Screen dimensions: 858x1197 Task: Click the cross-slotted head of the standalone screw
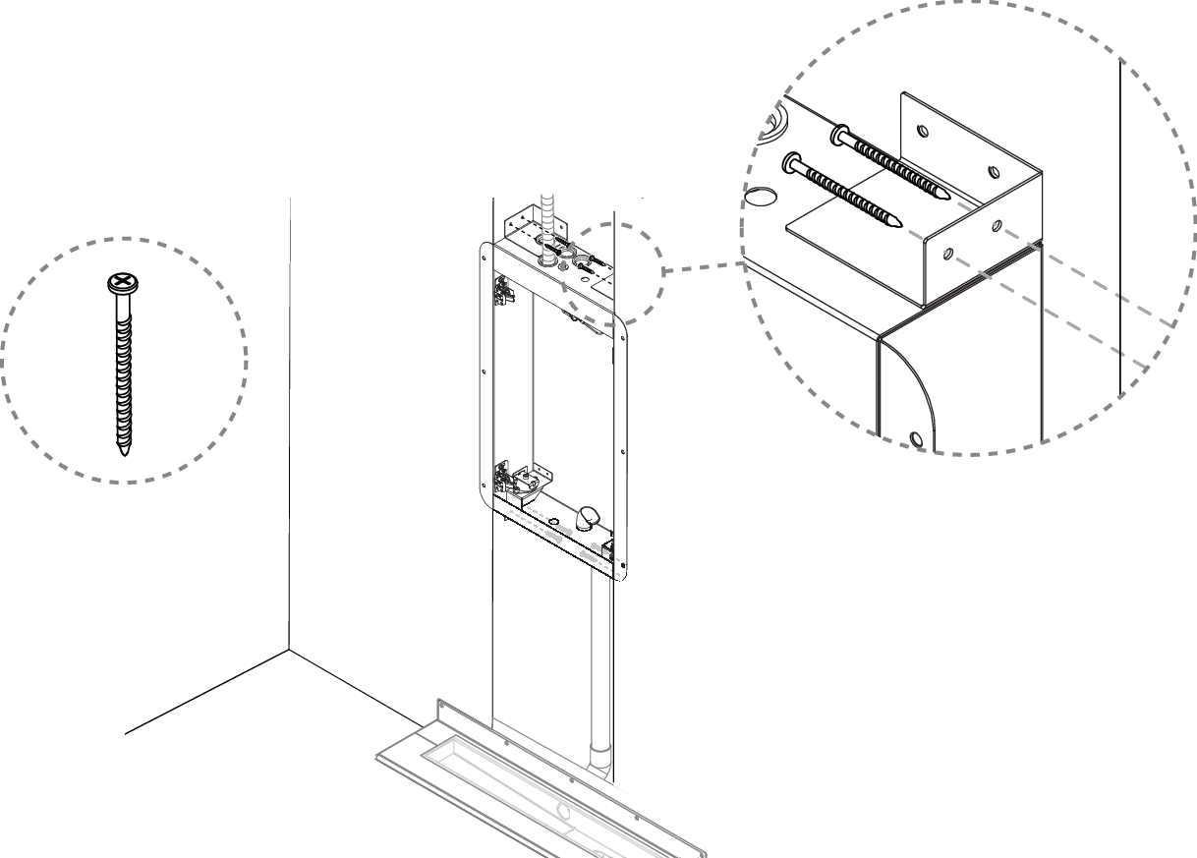[120, 283]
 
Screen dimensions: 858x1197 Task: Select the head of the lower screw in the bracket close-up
[789, 160]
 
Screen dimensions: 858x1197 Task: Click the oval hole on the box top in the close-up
[758, 197]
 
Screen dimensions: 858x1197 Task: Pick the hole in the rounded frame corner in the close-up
[916, 439]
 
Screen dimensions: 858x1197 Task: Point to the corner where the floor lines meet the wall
[289, 650]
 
